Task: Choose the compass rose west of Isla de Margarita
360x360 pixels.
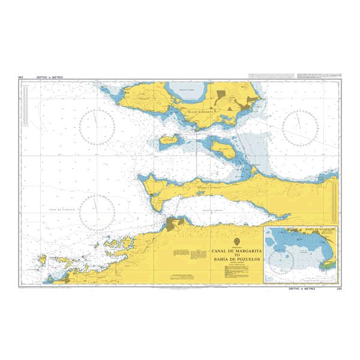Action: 97,127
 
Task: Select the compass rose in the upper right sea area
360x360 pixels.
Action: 300,127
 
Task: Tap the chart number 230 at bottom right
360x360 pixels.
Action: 338,289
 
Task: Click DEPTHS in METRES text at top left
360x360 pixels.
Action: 50,77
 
